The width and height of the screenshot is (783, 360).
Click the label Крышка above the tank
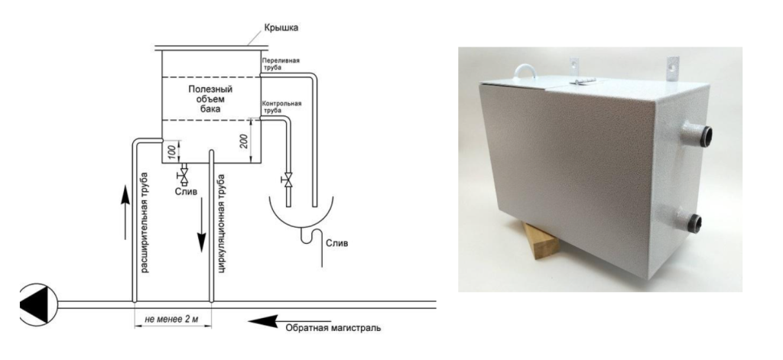(280, 28)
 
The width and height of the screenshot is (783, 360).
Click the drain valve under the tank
(184, 177)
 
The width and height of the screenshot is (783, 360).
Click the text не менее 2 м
(172, 316)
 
